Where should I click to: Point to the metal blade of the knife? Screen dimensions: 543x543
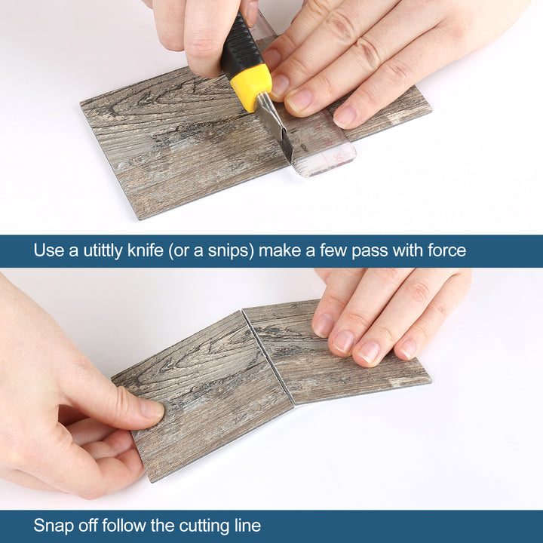pyautogui.click(x=276, y=128)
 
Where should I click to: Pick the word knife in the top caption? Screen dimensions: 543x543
pyautogui.click(x=151, y=250)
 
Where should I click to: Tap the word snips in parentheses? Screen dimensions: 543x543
pyautogui.click(x=225, y=250)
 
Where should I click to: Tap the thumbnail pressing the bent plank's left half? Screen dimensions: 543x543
pyautogui.click(x=150, y=410)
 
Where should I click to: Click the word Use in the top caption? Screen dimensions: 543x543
pyautogui.click(x=48, y=250)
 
